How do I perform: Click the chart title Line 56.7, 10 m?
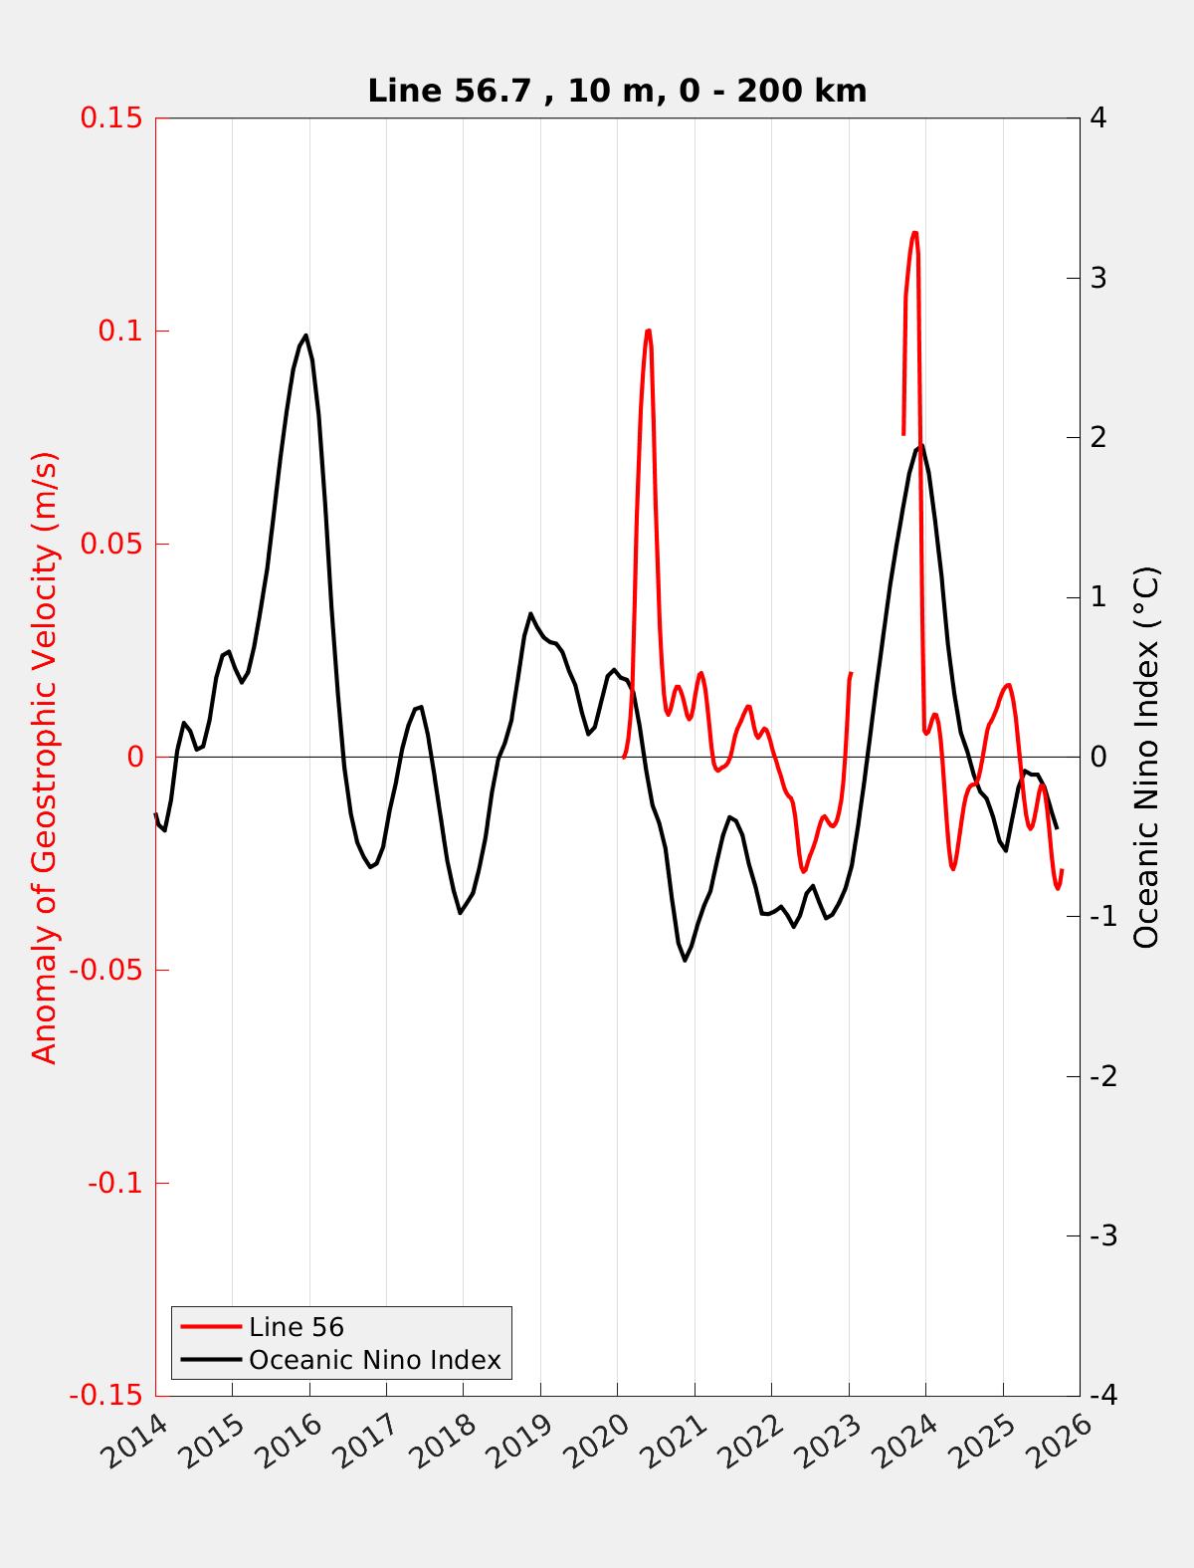tap(617, 91)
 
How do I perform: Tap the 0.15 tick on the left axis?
tap(112, 117)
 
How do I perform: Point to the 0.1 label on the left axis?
tap(119, 331)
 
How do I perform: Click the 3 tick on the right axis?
tap(1098, 278)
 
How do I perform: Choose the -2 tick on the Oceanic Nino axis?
tap(1103, 1076)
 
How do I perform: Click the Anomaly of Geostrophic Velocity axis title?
tap(46, 757)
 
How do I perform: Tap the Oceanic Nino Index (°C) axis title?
tap(1146, 757)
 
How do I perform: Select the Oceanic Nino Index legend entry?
tap(374, 1360)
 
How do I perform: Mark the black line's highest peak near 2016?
tap(305, 336)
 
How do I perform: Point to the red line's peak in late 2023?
tap(914, 233)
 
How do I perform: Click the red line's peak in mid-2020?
tap(648, 331)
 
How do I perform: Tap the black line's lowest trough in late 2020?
tap(685, 960)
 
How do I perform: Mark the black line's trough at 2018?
tap(461, 913)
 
